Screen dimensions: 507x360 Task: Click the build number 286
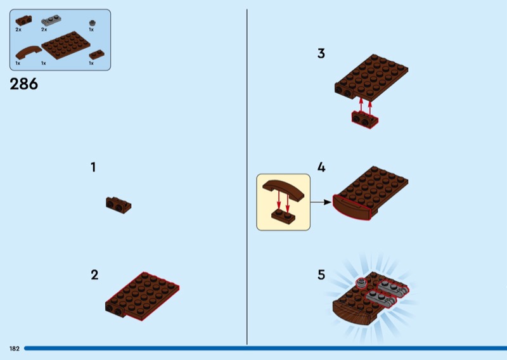click(23, 84)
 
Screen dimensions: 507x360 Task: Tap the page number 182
click(14, 349)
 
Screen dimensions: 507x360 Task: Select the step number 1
click(93, 167)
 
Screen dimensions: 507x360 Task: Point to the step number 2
click(94, 275)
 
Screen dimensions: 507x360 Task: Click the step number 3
click(321, 53)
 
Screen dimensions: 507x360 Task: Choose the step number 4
click(321, 167)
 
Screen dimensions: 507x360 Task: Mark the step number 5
click(321, 275)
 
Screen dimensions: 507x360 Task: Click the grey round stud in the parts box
click(92, 23)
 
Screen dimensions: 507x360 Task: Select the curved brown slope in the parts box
click(29, 53)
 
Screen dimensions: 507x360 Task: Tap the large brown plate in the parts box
click(66, 45)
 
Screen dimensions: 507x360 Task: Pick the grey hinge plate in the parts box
click(51, 20)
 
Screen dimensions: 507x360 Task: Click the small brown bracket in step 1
click(119, 205)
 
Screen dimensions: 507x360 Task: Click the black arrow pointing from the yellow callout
click(321, 202)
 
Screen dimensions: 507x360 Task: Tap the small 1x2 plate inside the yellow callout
click(283, 215)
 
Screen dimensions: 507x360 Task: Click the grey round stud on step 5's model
click(361, 283)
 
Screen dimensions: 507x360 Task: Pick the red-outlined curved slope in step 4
click(352, 208)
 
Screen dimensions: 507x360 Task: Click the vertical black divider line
click(247, 177)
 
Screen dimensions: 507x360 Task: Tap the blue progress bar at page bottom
click(266, 348)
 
